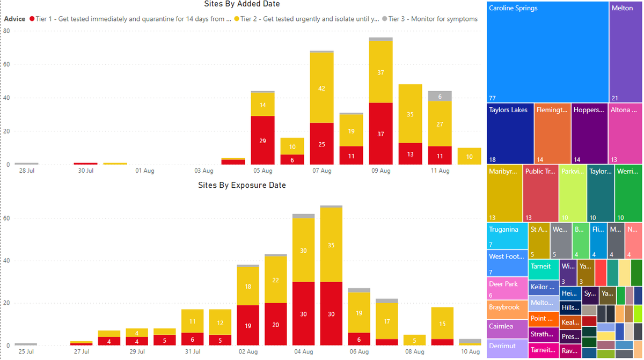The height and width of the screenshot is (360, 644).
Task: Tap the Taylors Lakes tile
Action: [510, 133]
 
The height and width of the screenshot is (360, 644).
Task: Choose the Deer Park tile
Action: [507, 288]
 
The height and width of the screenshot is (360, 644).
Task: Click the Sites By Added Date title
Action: [242, 4]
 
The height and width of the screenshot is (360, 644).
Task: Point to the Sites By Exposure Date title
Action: [242, 185]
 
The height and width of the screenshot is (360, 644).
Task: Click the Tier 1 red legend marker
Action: [32, 19]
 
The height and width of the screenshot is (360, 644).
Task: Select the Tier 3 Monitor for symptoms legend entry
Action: [429, 19]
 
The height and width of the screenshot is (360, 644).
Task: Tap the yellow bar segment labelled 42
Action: [321, 88]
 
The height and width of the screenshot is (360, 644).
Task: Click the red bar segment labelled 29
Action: [262, 140]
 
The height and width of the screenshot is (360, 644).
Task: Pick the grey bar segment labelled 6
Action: [440, 96]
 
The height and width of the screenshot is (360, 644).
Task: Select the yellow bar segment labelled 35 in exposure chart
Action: [331, 245]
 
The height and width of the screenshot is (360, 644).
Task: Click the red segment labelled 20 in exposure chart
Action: [275, 324]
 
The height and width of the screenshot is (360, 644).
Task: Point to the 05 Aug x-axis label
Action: [262, 171]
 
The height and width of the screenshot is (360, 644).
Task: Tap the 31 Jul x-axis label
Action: [193, 351]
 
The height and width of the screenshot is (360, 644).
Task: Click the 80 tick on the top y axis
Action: [6, 31]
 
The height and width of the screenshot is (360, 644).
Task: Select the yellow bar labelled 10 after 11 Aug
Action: [469, 156]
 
